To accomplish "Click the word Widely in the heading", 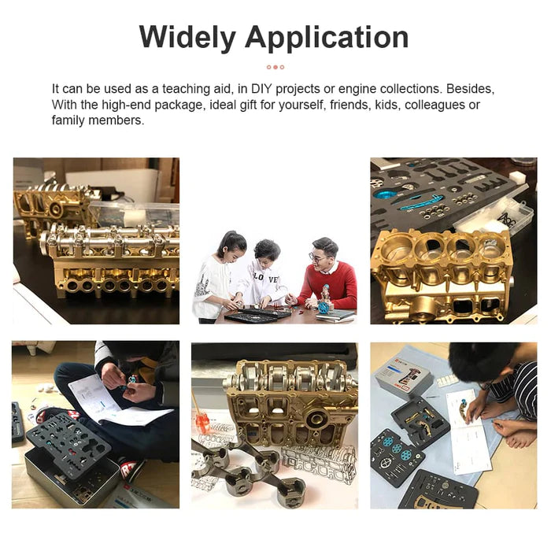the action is tap(187, 38).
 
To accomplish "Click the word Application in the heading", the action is tap(327, 38).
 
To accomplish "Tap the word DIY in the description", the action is tap(261, 89).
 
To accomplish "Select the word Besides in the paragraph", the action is tap(470, 89).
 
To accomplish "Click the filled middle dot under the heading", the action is tap(275, 67).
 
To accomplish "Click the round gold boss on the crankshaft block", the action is tap(317, 417).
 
